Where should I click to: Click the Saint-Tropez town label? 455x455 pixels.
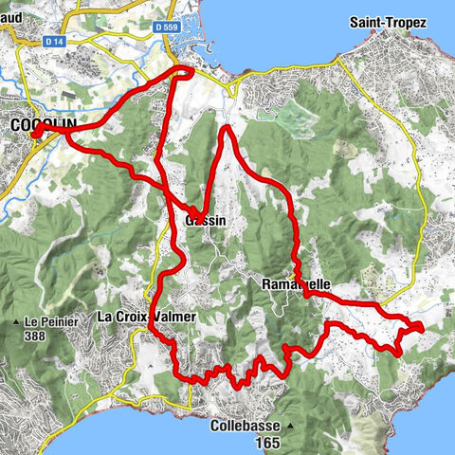tap(385, 22)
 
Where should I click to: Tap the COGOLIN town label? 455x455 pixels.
tap(34, 125)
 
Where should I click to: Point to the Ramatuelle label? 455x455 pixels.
tap(295, 283)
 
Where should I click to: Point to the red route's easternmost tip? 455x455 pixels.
tap(421, 327)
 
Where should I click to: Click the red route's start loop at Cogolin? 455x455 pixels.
tap(37, 134)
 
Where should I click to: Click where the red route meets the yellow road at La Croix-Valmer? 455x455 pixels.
tap(153, 327)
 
